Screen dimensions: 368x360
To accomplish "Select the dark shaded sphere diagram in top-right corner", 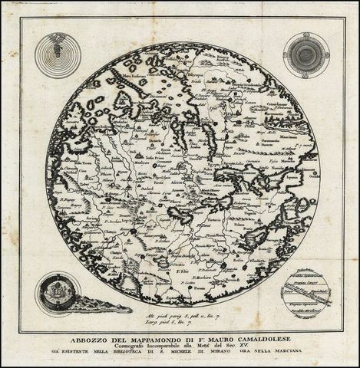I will [305, 54].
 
